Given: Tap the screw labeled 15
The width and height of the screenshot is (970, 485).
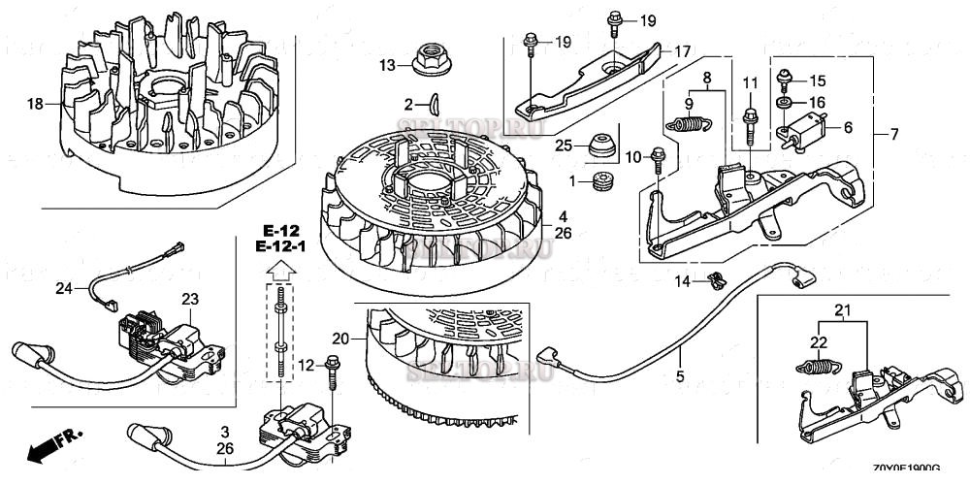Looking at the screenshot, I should tap(785, 81).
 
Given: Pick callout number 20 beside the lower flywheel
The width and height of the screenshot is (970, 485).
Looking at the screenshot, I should tap(339, 339).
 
